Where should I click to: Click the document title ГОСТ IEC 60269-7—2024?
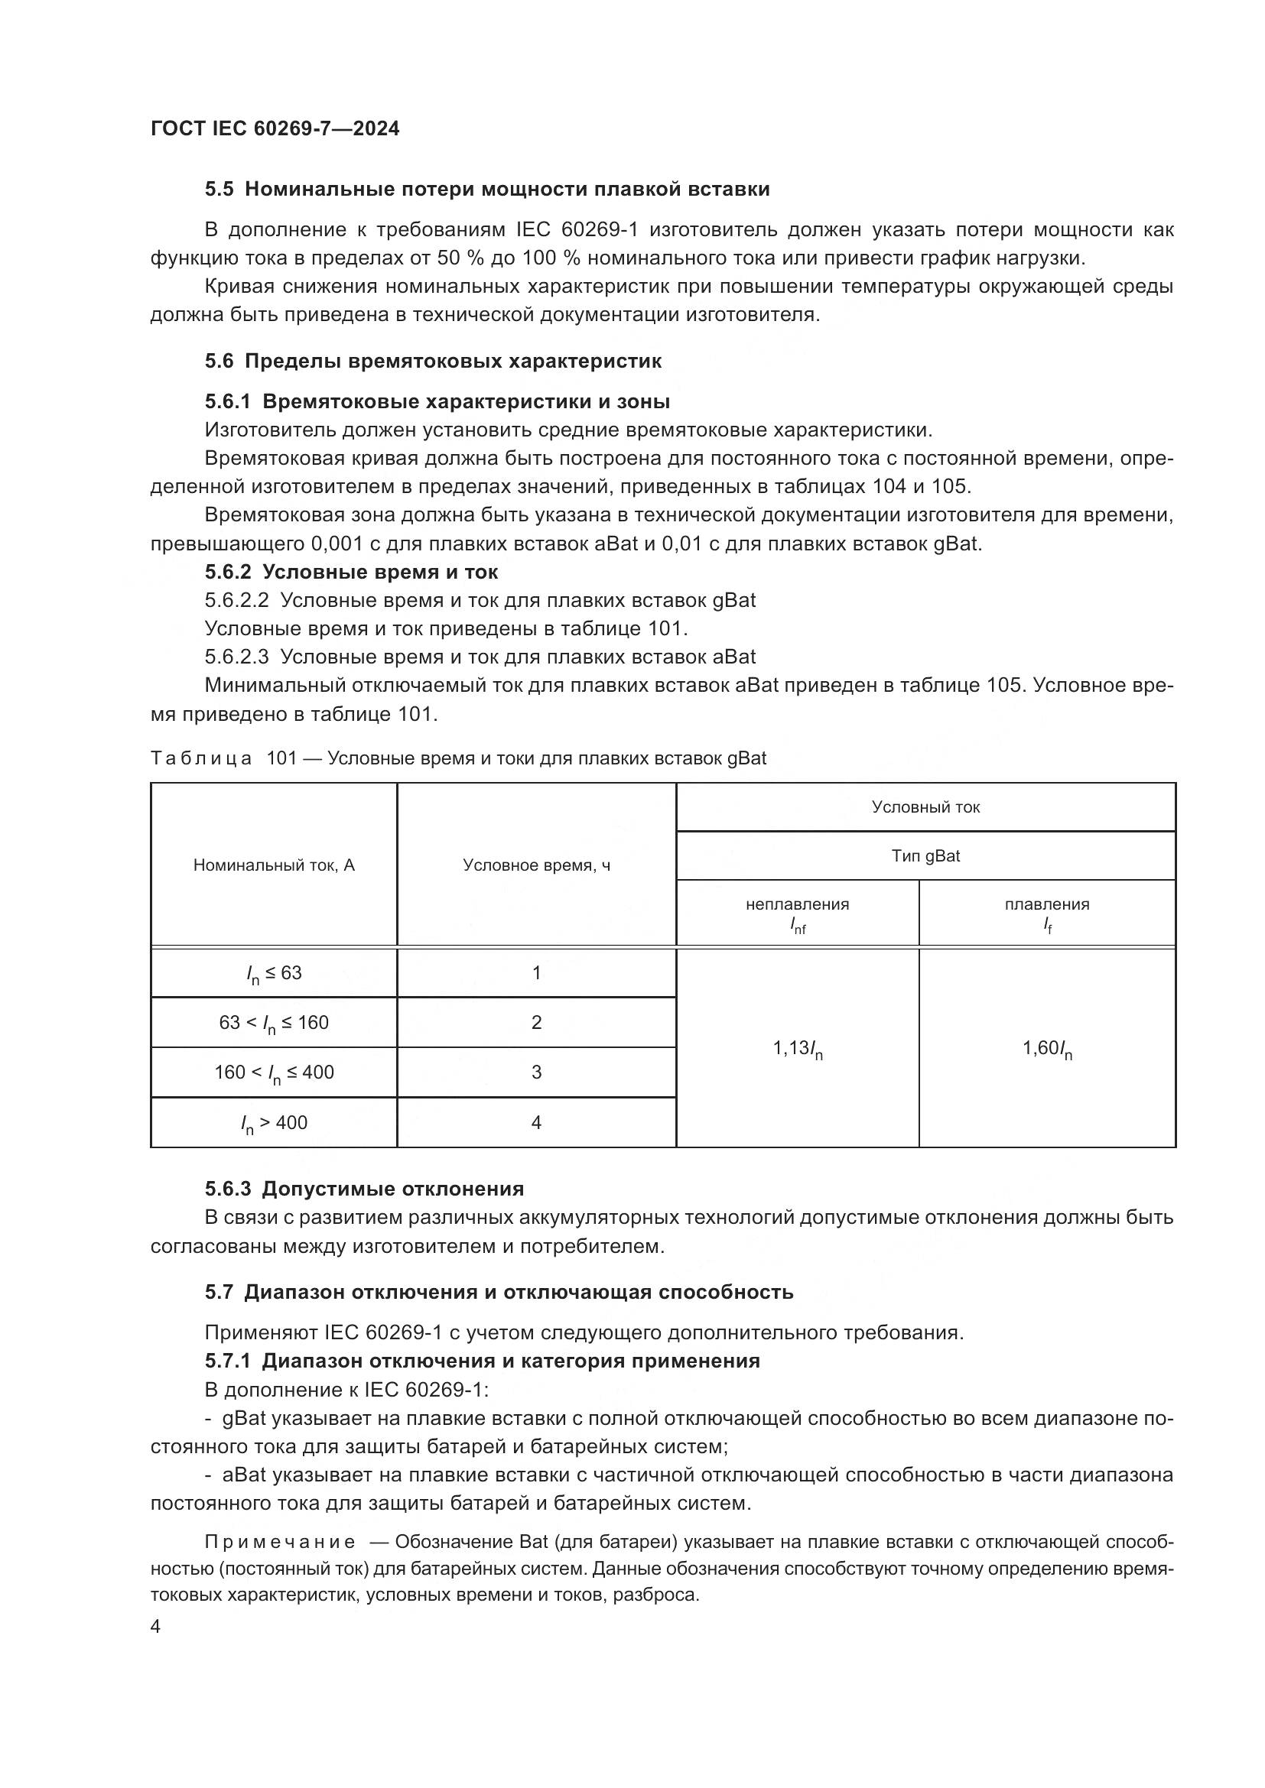coord(275,128)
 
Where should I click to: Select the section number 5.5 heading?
coord(219,190)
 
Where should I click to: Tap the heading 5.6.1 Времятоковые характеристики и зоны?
coord(437,401)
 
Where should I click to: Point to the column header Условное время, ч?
coord(536,865)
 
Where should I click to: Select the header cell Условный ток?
coord(925,806)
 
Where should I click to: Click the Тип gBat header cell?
coord(925,856)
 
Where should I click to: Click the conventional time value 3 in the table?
coord(536,1072)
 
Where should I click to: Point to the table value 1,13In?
coord(798,1049)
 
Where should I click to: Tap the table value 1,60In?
coord(1047,1049)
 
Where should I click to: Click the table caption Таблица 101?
coord(224,758)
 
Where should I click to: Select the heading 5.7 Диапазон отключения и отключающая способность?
coord(499,1292)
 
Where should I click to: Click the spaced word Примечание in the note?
coord(281,1542)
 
